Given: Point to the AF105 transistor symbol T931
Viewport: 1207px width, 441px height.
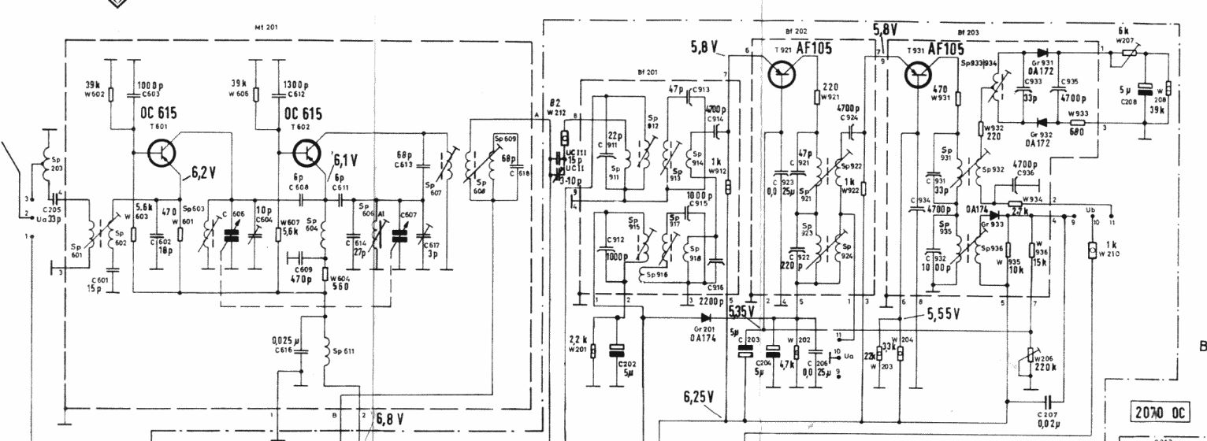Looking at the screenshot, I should click(915, 72).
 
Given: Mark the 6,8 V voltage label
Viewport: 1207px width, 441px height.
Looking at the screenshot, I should click(388, 418).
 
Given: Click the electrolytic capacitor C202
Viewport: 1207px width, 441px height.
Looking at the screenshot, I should click(618, 350).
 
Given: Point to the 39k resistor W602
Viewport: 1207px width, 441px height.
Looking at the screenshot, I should click(111, 94).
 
